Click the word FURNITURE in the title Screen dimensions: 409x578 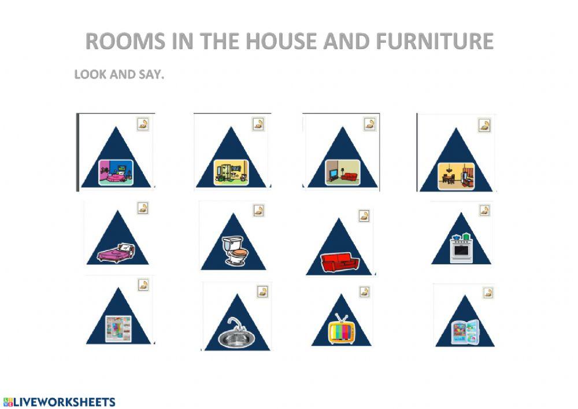point(434,41)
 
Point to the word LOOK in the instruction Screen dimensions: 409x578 point(87,75)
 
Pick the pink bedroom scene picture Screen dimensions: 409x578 point(116,171)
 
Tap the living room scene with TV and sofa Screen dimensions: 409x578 point(342,172)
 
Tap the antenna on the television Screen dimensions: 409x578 point(340,318)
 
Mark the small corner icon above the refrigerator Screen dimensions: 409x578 point(489,292)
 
